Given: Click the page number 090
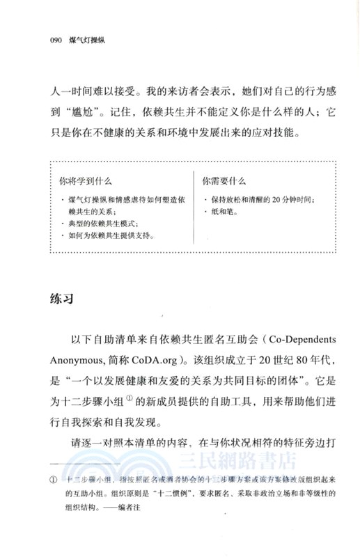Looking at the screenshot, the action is click(51, 40).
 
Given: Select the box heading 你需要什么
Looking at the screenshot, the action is click(224, 180).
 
